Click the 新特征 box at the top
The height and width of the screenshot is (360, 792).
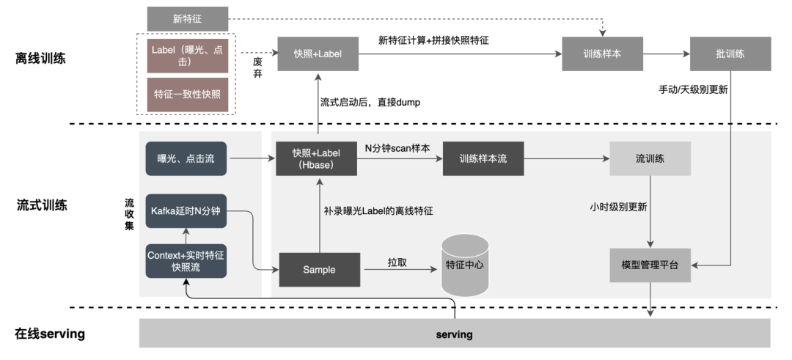[188, 18]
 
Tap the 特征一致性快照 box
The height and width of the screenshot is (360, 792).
[187, 95]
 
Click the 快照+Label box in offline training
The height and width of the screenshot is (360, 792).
[317, 54]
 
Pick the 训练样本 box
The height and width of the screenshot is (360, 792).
[603, 54]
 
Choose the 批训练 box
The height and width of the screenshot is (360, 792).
[730, 54]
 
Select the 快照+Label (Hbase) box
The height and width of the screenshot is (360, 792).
[317, 158]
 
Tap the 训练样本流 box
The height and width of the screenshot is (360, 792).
[483, 158]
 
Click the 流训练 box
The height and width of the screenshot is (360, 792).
[650, 158]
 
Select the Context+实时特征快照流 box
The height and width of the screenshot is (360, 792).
[186, 261]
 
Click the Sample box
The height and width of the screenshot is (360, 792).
[319, 270]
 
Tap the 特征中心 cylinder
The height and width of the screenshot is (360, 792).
[464, 265]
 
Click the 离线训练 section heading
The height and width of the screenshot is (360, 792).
[41, 59]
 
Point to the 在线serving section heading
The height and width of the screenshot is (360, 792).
[49, 334]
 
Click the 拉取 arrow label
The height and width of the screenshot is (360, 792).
[397, 262]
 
